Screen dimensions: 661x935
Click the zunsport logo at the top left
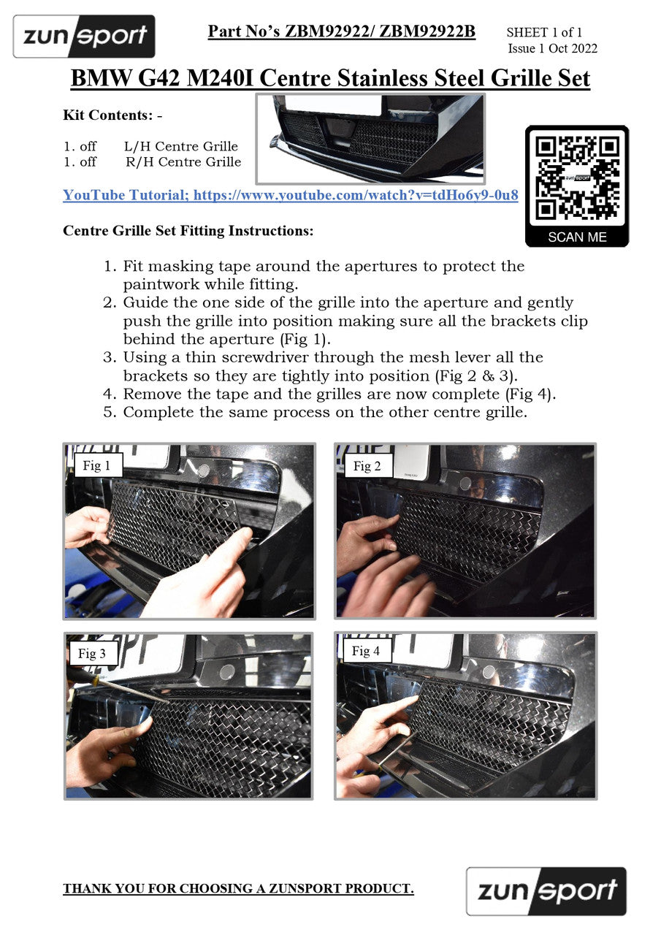pos(84,37)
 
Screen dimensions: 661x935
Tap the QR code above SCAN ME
pos(577,178)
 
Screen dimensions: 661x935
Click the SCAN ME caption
pos(577,237)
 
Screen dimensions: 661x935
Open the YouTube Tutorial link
pos(291,195)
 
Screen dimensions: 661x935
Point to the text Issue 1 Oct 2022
pos(552,48)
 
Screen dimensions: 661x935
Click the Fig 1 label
pos(96,465)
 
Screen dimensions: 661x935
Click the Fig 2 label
pos(367,466)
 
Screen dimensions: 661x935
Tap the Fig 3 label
pos(92,653)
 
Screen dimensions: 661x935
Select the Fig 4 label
pos(365,651)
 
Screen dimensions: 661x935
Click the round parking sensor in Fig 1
pos(203,470)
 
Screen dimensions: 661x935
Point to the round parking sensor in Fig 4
pos(489,672)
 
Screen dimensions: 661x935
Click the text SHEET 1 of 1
pos(544,32)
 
